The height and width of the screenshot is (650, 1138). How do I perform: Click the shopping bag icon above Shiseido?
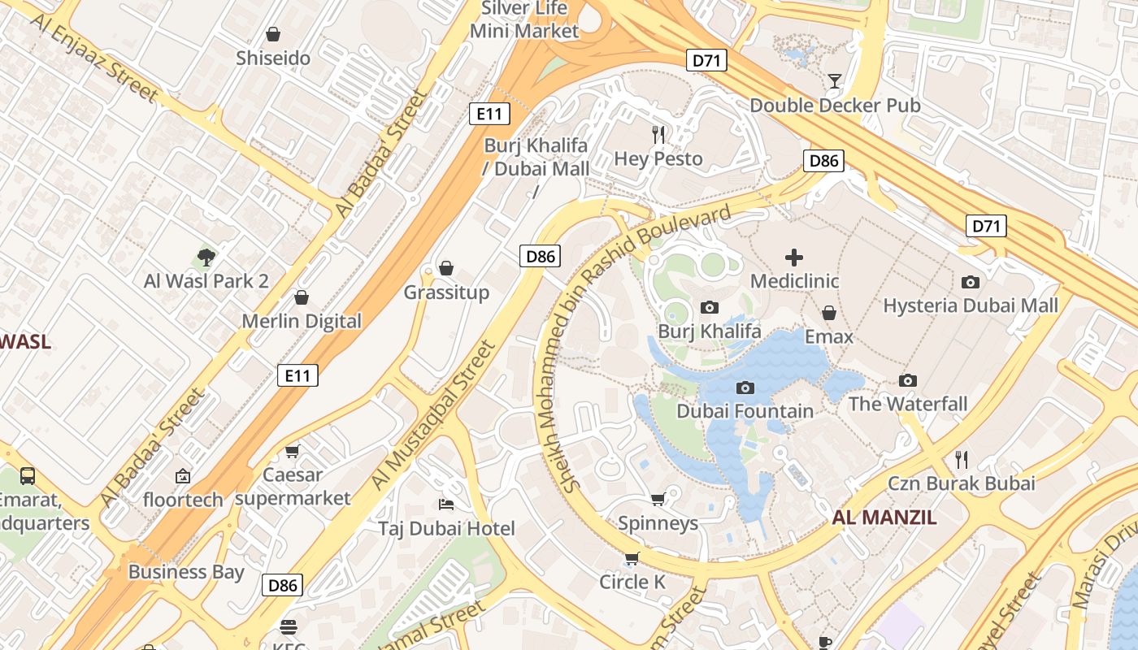tap(273, 34)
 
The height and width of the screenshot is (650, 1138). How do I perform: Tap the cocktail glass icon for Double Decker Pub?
tap(834, 80)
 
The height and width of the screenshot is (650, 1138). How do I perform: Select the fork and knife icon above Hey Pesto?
tap(658, 134)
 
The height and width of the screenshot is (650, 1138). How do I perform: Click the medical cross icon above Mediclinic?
tap(794, 258)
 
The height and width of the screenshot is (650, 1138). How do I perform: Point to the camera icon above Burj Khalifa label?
tap(709, 307)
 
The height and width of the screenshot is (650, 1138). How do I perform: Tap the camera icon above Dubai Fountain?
tap(745, 388)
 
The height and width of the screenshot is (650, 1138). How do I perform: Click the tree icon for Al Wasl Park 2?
tap(206, 258)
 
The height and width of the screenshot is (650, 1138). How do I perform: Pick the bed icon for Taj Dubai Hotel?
tap(445, 505)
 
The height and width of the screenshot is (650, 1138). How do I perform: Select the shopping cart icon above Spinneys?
tap(658, 498)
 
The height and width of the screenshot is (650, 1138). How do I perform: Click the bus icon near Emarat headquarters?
tap(27, 475)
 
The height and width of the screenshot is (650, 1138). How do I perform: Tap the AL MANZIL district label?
tap(884, 518)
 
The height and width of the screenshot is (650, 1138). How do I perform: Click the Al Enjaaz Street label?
tap(95, 57)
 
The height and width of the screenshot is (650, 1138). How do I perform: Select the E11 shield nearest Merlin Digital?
tap(298, 375)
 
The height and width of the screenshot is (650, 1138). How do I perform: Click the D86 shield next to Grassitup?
tap(540, 257)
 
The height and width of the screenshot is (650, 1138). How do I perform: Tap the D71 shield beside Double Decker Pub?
tap(706, 60)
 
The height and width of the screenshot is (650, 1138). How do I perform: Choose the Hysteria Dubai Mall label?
tap(971, 305)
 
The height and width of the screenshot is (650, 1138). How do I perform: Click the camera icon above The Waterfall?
tap(908, 380)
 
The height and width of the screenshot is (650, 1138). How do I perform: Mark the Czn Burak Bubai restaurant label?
tap(961, 483)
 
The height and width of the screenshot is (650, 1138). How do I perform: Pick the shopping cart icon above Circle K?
tap(632, 558)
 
